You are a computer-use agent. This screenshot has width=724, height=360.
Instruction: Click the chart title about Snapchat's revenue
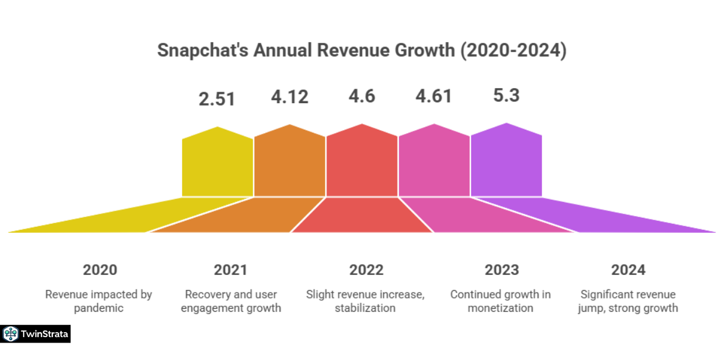pos(362,51)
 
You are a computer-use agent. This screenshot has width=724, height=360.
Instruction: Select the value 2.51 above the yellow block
pos(217,99)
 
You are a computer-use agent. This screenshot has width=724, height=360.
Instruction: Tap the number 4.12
pos(290,96)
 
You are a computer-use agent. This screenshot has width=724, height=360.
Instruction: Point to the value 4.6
pos(362,96)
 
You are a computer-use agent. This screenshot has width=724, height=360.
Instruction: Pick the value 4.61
pos(434,96)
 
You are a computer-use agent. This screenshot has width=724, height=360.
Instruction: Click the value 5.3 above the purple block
pos(506,95)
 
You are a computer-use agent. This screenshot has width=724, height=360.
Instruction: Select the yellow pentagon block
pos(217,164)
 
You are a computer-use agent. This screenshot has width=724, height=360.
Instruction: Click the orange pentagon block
pos(290,163)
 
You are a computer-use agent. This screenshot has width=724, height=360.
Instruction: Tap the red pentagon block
pos(362,163)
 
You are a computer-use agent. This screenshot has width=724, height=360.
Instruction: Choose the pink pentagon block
pos(434,163)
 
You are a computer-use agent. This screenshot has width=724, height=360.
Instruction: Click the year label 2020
pos(100,270)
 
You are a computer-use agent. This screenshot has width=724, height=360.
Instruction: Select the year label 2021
pos(230,270)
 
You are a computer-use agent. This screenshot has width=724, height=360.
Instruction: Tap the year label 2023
pos(501,270)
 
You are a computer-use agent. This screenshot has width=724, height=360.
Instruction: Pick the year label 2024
pos(628,270)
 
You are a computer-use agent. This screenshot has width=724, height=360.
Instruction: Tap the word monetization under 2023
pos(501,308)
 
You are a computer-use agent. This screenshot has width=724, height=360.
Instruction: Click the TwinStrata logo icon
pos(10,334)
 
